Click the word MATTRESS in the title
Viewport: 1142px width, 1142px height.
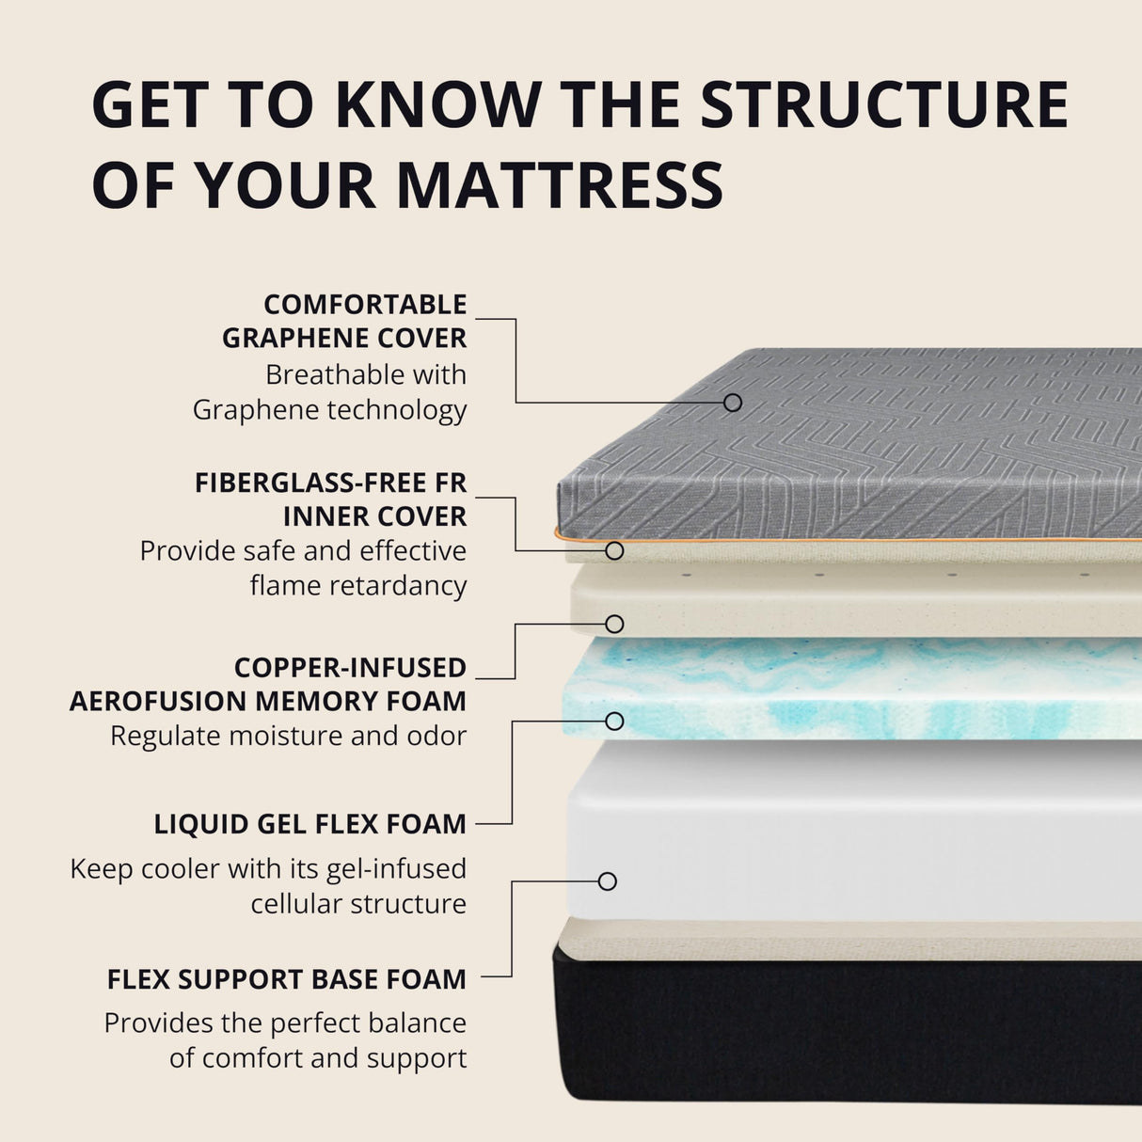(560, 184)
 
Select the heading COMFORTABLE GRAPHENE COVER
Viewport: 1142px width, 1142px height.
(344, 321)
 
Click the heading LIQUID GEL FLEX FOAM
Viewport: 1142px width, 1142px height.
(310, 824)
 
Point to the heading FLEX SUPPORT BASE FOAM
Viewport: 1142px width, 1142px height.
(287, 979)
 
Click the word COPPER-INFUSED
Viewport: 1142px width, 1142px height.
(350, 667)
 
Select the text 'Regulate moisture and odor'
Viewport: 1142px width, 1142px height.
(288, 736)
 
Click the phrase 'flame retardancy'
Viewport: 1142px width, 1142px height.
(358, 585)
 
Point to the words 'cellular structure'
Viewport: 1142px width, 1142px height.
(358, 903)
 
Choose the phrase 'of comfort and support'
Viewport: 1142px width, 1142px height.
(318, 1057)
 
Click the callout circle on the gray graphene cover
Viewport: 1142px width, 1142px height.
(733, 403)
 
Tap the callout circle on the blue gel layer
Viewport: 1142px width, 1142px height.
(614, 722)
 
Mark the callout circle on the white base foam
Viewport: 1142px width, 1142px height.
(608, 881)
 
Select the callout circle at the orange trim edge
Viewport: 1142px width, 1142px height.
(614, 550)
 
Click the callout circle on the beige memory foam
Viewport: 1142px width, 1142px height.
(614, 624)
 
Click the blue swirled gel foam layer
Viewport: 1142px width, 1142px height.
(847, 687)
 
